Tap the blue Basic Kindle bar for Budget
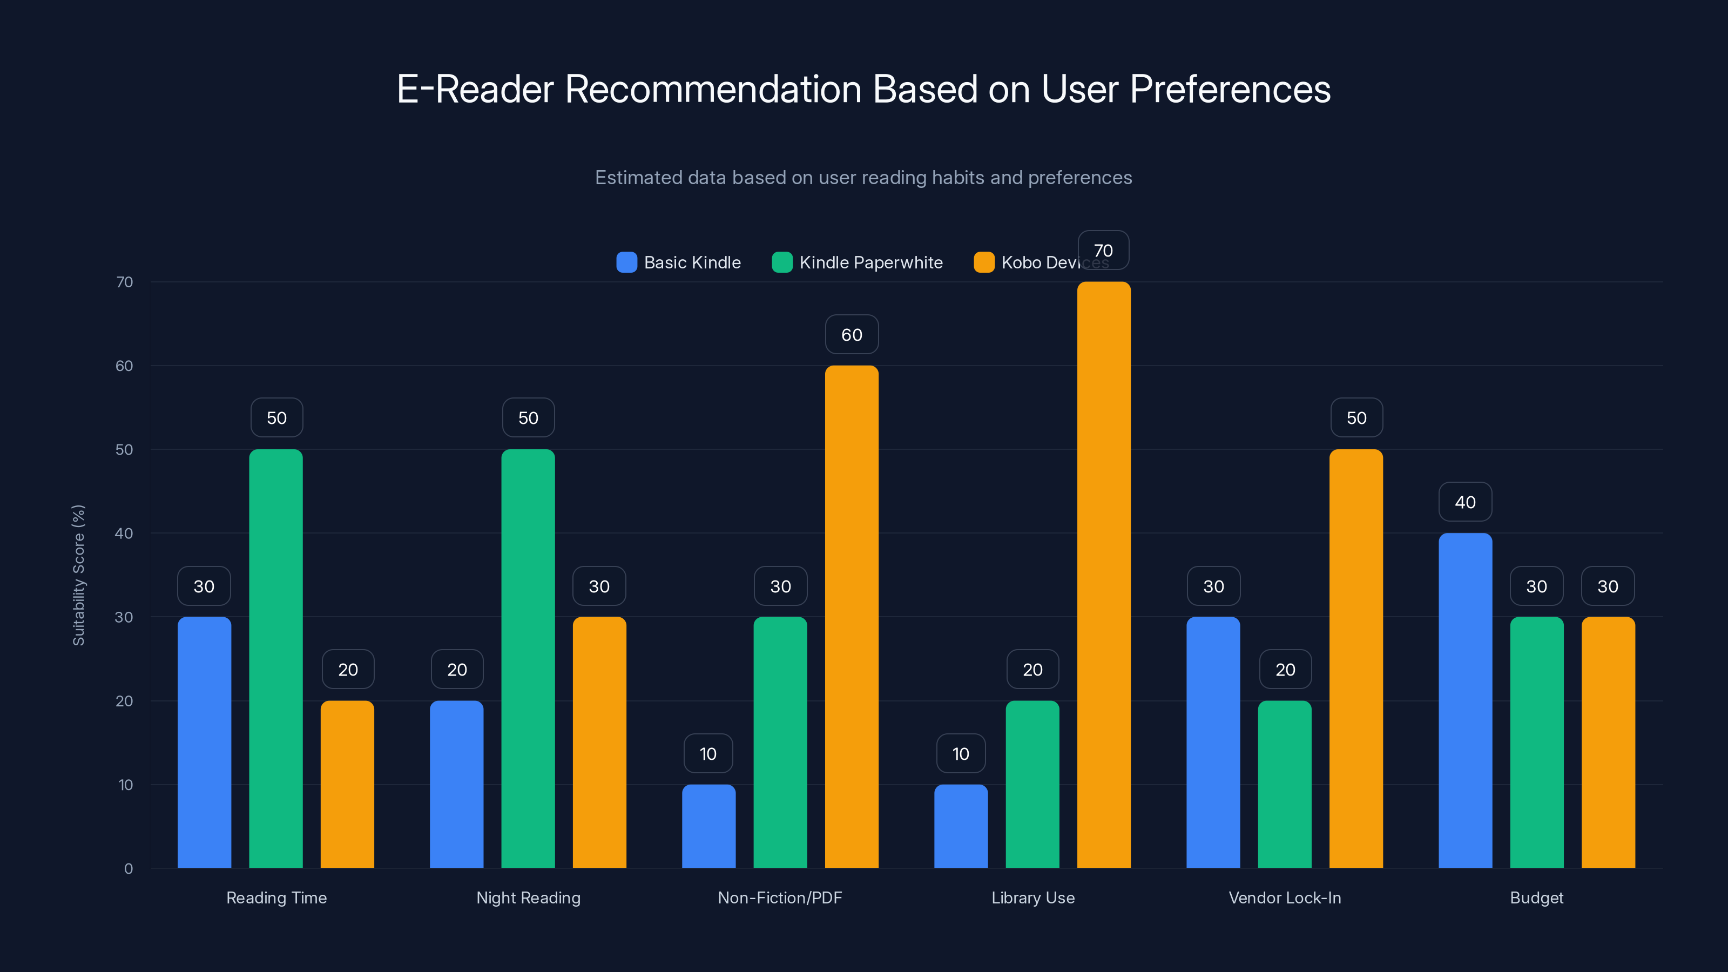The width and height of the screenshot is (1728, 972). click(1465, 700)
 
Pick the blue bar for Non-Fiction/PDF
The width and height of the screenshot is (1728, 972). click(708, 826)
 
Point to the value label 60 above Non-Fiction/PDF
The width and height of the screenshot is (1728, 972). click(851, 335)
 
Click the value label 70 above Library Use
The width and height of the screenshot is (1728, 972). click(1103, 250)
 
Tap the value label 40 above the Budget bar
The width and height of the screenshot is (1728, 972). click(1465, 502)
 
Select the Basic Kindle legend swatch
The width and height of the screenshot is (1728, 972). click(626, 262)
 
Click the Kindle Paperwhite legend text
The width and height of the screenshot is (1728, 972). click(870, 262)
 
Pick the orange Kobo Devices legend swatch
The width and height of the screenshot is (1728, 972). click(983, 262)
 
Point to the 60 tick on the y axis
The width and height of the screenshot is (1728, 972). click(124, 366)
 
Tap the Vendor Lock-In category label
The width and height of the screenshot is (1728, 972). click(1285, 897)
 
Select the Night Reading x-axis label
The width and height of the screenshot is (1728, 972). click(528, 897)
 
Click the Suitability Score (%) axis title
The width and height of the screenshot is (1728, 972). click(78, 575)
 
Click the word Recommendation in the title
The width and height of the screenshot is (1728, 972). click(713, 89)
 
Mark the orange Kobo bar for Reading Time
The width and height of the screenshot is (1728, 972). click(347, 784)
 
